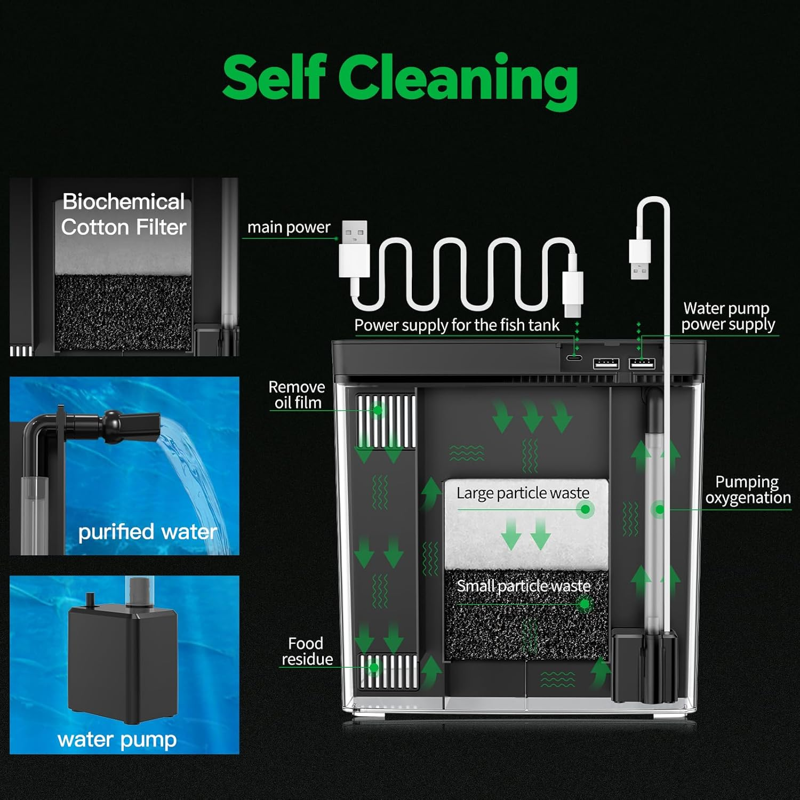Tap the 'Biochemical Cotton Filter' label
pos(124,214)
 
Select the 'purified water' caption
pos(148,532)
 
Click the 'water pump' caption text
pos(117,740)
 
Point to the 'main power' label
pos(289,228)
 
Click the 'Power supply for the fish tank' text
pos(457,325)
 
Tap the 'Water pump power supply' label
pos(728,316)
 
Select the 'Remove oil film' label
pos(297,395)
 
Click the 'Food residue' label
pos(307,651)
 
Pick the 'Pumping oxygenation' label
pos(748,490)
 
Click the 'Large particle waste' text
pos(523,493)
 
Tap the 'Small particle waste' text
pos(524,586)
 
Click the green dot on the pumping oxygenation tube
pos(660,510)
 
